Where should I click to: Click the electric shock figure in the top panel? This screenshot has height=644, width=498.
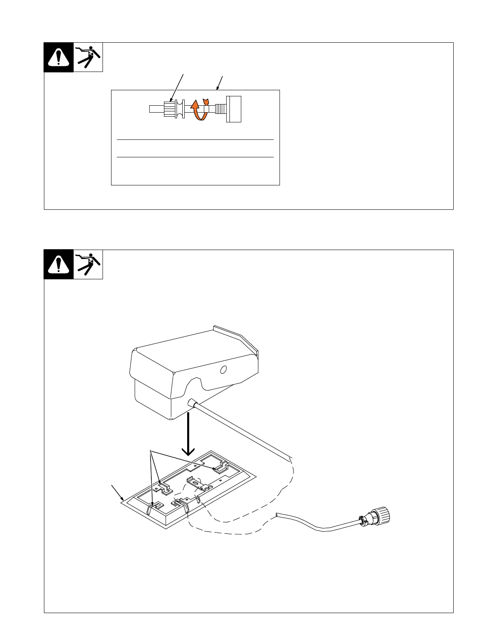click(88, 57)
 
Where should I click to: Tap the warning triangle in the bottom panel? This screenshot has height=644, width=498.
click(59, 265)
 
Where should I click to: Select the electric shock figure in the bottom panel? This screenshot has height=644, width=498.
click(88, 264)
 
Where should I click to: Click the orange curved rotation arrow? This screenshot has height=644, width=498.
click(198, 109)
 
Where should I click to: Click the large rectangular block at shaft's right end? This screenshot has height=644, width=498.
click(234, 109)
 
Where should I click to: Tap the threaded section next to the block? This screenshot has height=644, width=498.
click(220, 109)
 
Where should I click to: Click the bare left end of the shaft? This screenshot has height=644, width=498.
click(156, 109)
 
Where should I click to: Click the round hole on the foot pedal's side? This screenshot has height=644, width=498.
click(223, 370)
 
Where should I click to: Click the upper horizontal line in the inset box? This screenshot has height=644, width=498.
click(195, 140)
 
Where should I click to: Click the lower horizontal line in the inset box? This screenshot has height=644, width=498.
click(195, 157)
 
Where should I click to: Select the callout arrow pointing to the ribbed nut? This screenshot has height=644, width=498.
click(178, 87)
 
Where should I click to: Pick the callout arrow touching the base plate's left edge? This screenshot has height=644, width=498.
click(117, 492)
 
